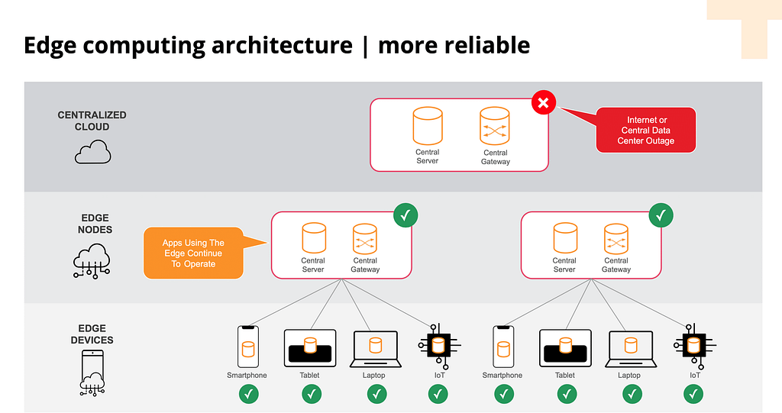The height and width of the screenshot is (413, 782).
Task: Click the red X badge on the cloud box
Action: click(543, 103)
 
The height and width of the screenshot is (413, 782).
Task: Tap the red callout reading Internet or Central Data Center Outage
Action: click(645, 130)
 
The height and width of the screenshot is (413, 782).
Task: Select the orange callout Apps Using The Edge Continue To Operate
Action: click(194, 253)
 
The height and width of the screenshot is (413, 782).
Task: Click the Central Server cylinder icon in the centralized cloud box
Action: click(428, 125)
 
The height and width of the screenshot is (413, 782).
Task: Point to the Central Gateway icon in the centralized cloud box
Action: click(495, 126)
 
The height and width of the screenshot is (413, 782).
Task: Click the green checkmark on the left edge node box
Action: click(406, 215)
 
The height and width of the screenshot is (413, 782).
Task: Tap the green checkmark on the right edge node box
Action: click(661, 215)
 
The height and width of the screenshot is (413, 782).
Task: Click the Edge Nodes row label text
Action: click(95, 224)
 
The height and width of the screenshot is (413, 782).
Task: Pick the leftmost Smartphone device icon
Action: click(247, 347)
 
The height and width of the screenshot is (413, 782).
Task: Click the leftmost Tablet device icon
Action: click(309, 347)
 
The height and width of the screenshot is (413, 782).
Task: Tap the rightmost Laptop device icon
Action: click(629, 348)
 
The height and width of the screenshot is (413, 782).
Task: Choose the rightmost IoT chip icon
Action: click(694, 346)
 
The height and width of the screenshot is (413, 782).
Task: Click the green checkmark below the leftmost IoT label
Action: click(438, 394)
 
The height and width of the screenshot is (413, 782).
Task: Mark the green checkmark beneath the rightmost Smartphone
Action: click(503, 394)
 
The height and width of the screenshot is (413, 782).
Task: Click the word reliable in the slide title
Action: click(486, 45)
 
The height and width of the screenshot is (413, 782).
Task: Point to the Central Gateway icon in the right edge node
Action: click(616, 239)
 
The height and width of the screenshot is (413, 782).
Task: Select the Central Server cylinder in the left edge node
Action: click(314, 239)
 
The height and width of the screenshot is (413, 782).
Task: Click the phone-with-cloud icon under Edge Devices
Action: click(92, 373)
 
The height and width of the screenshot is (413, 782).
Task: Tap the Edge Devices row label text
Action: click(92, 334)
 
